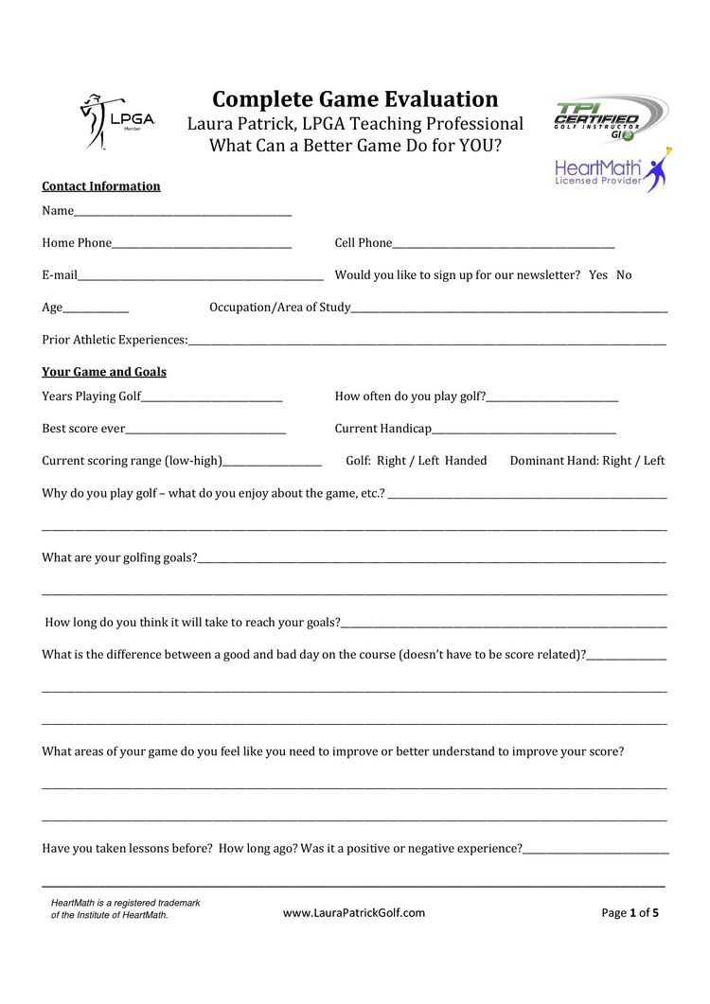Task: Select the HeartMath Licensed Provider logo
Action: [x=611, y=170]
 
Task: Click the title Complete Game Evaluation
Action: [x=355, y=99]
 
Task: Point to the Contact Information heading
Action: [x=101, y=186]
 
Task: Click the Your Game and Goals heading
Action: [x=104, y=372]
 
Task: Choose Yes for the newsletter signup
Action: [x=598, y=275]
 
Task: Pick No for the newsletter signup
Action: [x=624, y=275]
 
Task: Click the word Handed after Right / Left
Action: [x=466, y=461]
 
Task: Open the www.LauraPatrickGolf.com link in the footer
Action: [x=354, y=913]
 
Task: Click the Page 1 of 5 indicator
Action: [x=630, y=913]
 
